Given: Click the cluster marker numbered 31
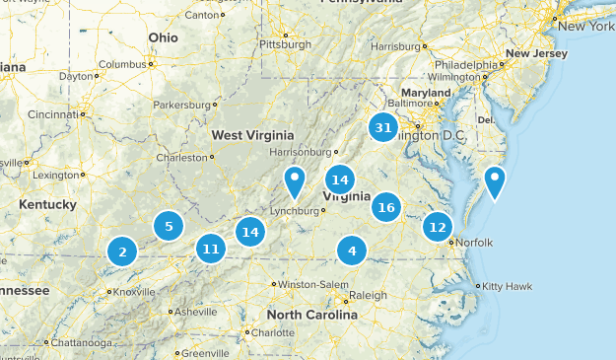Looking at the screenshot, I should point(383,127).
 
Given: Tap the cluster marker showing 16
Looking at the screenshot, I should point(386,207).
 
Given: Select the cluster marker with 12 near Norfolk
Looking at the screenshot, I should point(437,227).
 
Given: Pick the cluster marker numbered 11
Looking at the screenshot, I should point(210,249).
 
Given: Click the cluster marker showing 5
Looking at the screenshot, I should point(169,226).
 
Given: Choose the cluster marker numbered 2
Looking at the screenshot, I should point(122,252).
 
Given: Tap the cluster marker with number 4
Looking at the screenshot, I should point(352,251).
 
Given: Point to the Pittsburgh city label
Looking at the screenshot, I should point(284,44).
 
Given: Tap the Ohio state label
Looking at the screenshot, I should point(164,36).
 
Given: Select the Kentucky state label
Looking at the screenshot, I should point(47,204).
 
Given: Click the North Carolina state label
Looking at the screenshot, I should point(312,316).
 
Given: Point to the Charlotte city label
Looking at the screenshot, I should point(273,332).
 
